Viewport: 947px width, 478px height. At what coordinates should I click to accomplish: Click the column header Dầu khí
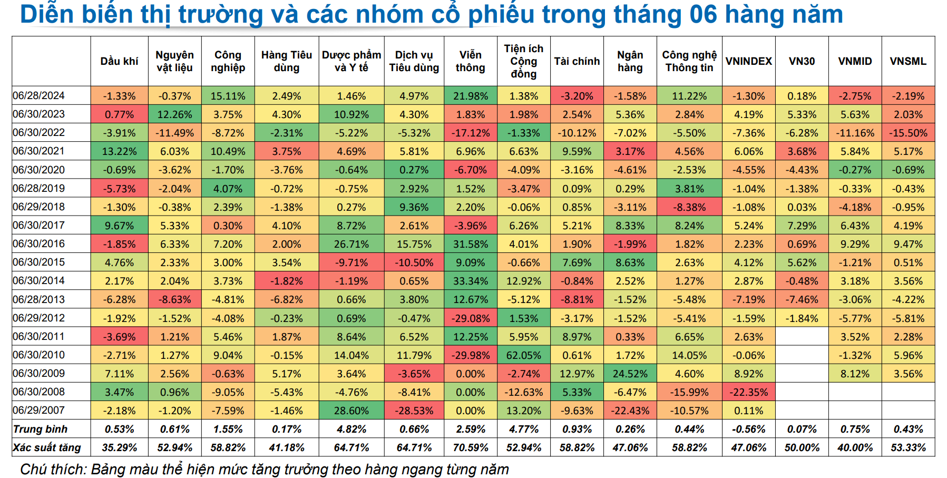tap(119, 61)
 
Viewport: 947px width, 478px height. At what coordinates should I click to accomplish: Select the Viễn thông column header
tap(470, 61)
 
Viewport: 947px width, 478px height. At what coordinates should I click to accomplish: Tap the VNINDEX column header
tap(748, 61)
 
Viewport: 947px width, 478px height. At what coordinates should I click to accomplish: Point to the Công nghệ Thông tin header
tap(689, 61)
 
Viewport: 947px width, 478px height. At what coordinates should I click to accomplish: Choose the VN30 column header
tap(802, 61)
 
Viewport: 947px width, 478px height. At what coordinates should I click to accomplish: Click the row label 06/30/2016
tap(39, 243)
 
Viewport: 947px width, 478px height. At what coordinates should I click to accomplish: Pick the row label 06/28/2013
tap(39, 299)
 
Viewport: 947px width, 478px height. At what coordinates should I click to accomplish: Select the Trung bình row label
tap(41, 429)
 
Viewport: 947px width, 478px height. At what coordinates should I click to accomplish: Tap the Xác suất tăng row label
tap(47, 447)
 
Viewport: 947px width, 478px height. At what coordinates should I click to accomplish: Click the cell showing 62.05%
tap(523, 355)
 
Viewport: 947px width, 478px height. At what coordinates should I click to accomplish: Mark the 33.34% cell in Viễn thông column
tap(470, 281)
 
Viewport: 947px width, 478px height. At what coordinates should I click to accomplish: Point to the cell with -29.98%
tap(470, 355)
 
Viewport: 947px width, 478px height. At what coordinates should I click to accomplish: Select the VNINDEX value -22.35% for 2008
tap(748, 392)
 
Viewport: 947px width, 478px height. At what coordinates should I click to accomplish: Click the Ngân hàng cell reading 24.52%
tap(630, 374)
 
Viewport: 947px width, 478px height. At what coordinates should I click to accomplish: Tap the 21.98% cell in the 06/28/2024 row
tap(470, 96)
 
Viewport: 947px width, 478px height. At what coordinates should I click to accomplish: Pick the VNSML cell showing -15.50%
tap(908, 133)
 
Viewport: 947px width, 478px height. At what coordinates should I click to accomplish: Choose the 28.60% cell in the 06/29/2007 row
tap(351, 411)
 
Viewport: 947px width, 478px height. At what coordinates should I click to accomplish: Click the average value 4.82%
tap(351, 429)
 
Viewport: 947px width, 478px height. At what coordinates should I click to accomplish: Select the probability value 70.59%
tap(470, 447)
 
